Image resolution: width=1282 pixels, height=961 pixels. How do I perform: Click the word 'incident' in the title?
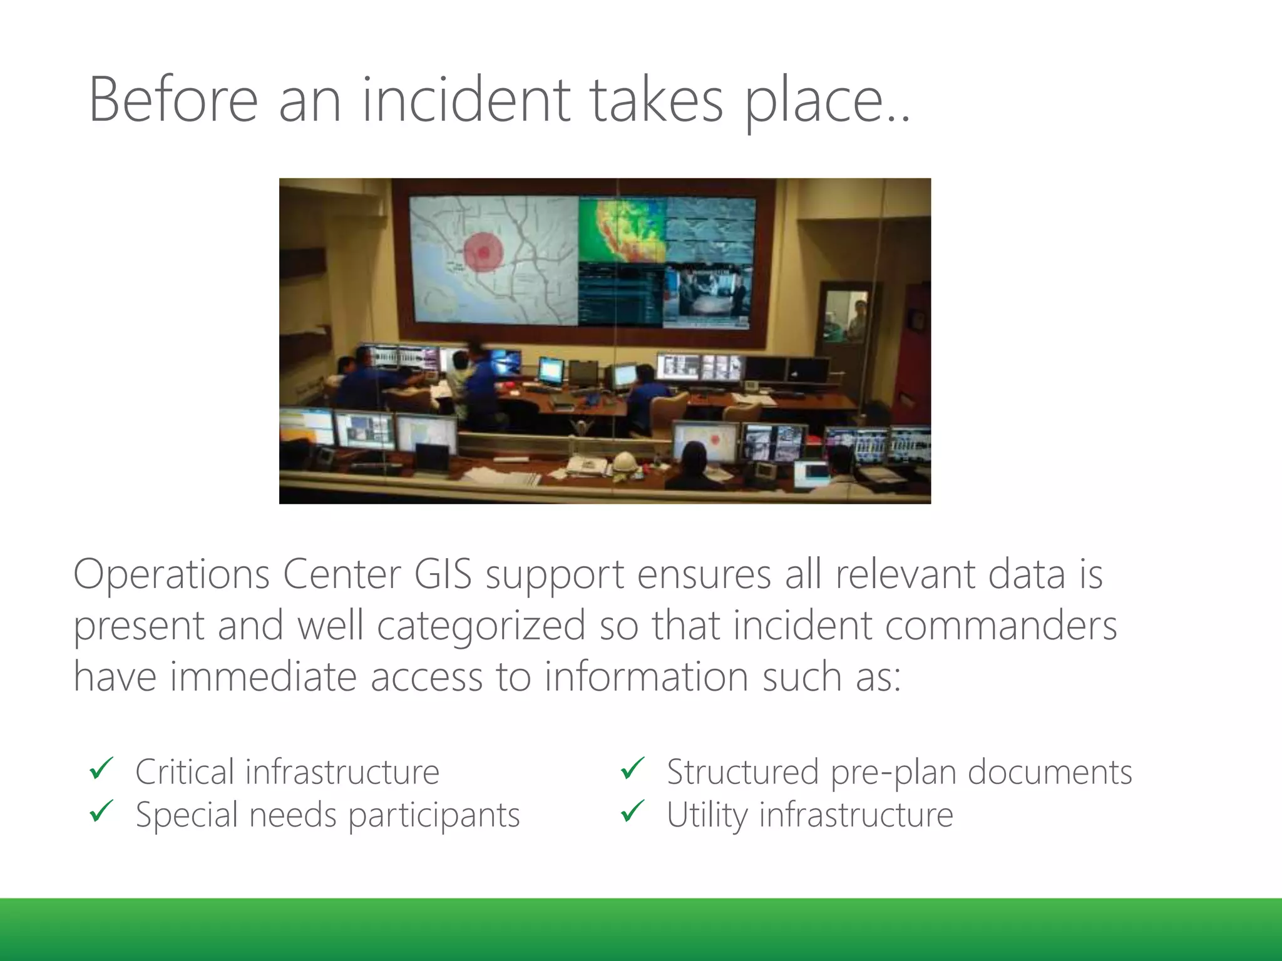466,100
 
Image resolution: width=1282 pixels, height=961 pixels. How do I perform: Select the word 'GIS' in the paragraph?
443,574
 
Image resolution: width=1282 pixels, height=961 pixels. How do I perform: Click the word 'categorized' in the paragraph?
481,626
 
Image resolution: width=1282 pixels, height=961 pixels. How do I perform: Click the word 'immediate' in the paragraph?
263,677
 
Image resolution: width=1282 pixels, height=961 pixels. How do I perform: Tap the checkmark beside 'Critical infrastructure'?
101,769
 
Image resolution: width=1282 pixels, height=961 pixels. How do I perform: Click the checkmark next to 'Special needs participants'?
101,811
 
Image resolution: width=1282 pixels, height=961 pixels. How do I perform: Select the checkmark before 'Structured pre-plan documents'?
632,769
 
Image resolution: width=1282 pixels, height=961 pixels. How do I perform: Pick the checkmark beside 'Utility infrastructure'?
632,811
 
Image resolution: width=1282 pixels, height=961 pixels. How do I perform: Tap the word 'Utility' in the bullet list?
707,815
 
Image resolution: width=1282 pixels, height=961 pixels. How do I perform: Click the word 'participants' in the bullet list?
434,815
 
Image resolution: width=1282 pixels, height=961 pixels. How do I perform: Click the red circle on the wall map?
483,252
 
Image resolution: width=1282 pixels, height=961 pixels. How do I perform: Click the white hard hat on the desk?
624,461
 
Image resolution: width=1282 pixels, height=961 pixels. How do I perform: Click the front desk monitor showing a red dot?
705,440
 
